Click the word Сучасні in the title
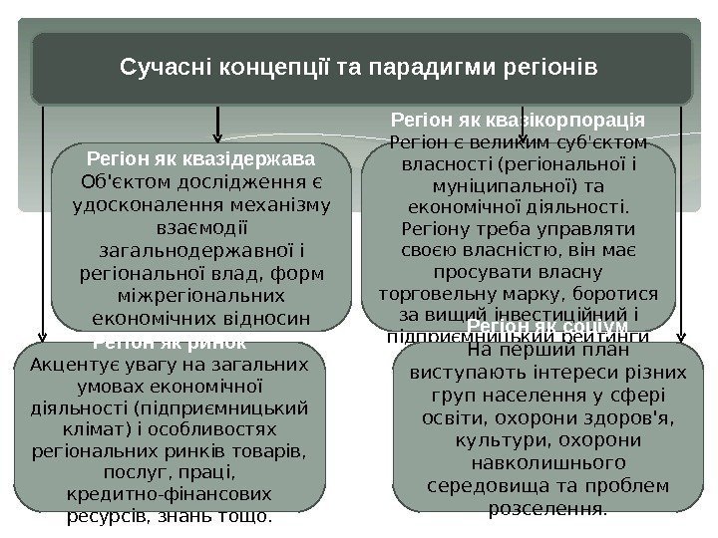click(x=157, y=69)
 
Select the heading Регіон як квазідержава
click(x=201, y=158)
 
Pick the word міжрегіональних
click(x=202, y=297)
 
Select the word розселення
click(x=546, y=509)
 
